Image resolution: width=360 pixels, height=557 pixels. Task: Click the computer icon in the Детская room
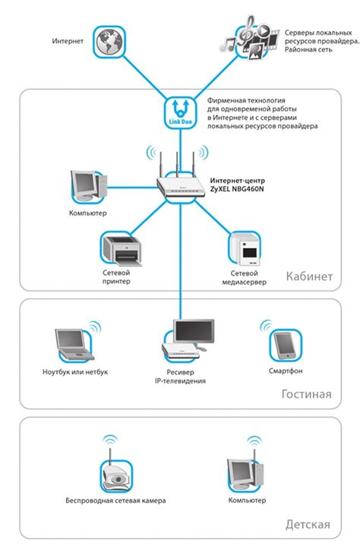[x=246, y=474]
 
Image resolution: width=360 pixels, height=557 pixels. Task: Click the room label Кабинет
[x=309, y=276]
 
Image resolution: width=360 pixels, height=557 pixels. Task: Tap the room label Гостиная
[x=307, y=395]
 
